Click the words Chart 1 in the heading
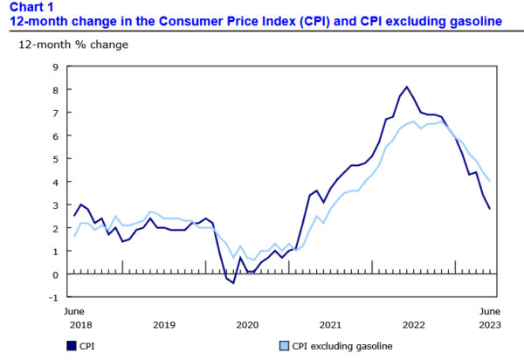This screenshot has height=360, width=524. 29,7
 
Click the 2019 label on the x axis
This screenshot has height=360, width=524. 164,324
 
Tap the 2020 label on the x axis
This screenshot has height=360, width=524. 248,324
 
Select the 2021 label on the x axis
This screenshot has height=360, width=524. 331,324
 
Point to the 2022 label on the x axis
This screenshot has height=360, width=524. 414,324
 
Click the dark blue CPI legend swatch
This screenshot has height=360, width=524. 71,346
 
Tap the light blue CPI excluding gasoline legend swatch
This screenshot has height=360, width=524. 284,346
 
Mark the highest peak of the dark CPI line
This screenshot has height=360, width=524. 407,87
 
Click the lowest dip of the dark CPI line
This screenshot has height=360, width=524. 233,283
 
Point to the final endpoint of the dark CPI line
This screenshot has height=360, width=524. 490,208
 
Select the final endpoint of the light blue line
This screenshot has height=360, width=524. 490,181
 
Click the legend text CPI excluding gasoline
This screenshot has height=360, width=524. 342,346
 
